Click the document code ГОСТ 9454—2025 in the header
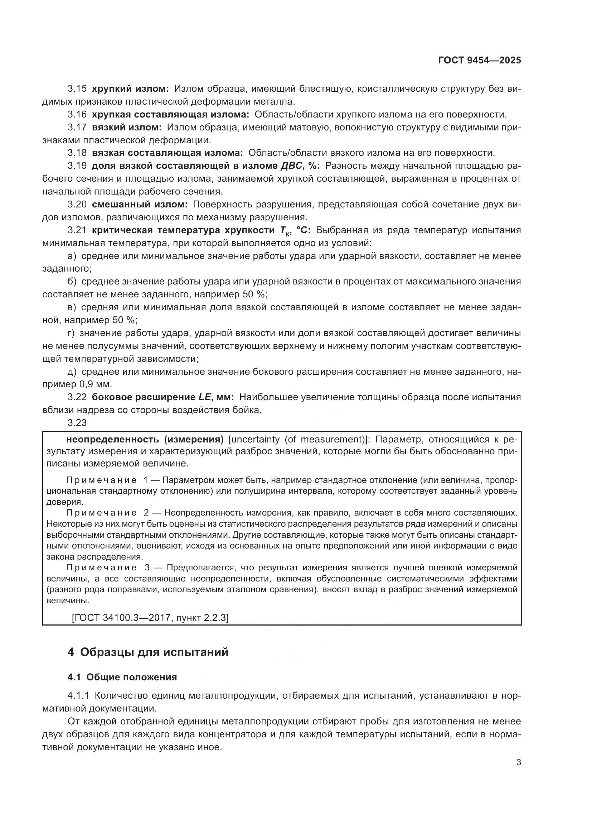tap(479, 61)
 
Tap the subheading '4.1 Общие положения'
tap(122, 677)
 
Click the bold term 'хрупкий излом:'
tap(130, 89)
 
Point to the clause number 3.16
tap(77, 115)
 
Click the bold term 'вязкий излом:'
tap(126, 128)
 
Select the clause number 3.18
tap(77, 153)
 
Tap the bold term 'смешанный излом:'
tap(139, 204)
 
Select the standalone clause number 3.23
tap(77, 423)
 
